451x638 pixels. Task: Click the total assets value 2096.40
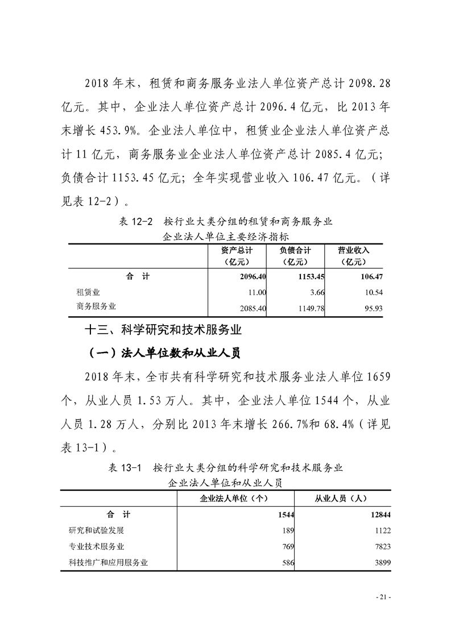250,276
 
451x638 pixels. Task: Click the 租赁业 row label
88,292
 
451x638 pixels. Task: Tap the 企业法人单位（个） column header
234,498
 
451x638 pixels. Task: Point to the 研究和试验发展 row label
96,531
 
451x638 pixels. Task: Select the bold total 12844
379,515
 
